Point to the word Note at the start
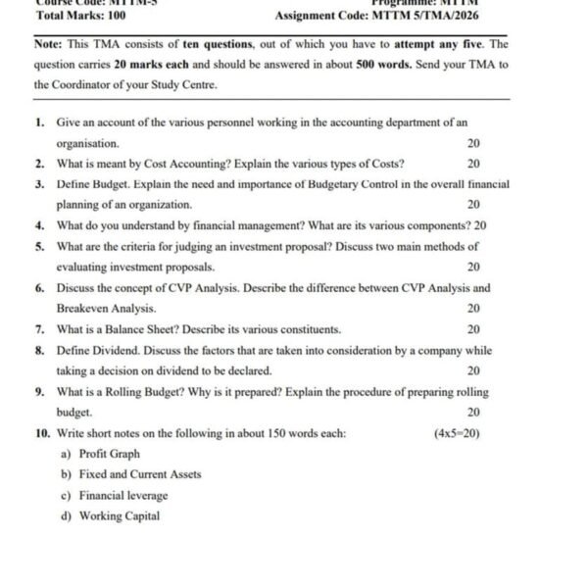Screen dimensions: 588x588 (48, 45)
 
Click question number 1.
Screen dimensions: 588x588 (39, 122)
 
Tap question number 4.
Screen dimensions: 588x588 (39, 225)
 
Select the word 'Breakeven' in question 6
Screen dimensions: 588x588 (82, 309)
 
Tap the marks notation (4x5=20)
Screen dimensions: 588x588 (456, 433)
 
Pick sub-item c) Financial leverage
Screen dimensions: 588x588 (115, 496)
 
